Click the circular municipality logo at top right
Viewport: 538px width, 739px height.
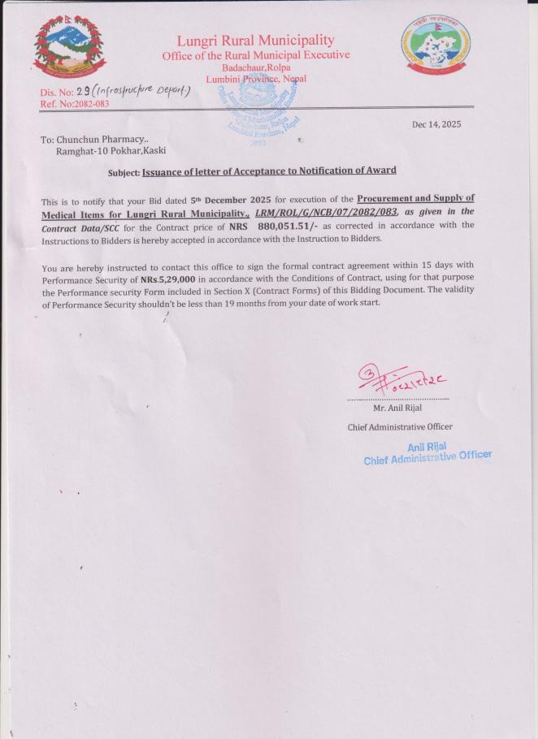pyautogui.click(x=436, y=50)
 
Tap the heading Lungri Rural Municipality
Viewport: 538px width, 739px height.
pyautogui.click(x=256, y=41)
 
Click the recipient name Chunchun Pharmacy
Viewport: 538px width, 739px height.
pyautogui.click(x=102, y=140)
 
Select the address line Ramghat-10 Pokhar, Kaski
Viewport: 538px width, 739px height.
pyautogui.click(x=111, y=151)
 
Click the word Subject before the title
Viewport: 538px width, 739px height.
pyautogui.click(x=124, y=171)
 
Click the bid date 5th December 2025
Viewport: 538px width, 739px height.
pyautogui.click(x=236, y=199)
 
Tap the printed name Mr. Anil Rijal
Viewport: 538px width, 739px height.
pyautogui.click(x=399, y=408)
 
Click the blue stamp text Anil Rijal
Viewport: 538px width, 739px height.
pyautogui.click(x=427, y=446)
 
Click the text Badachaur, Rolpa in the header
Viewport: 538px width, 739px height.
pyautogui.click(x=256, y=67)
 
